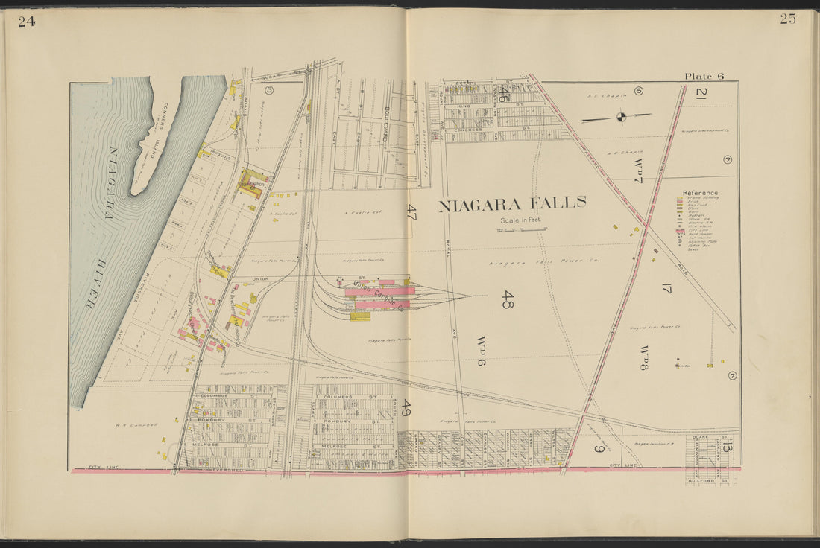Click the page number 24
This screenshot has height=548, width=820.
(26, 21)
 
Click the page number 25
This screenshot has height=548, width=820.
(788, 19)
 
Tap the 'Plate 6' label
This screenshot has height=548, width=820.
(704, 76)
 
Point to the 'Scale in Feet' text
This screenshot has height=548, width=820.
(521, 220)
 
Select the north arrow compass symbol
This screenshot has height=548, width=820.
(620, 116)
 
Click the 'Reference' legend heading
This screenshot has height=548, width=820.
(700, 192)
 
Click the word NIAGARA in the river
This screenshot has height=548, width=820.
(112, 182)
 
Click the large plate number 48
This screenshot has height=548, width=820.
(507, 299)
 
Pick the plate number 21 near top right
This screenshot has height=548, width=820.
(701, 94)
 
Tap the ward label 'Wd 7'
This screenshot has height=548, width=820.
(638, 170)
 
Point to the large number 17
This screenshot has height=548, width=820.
(666, 287)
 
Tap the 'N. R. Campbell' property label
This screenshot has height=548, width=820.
(137, 425)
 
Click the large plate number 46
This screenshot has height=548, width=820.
(504, 95)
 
